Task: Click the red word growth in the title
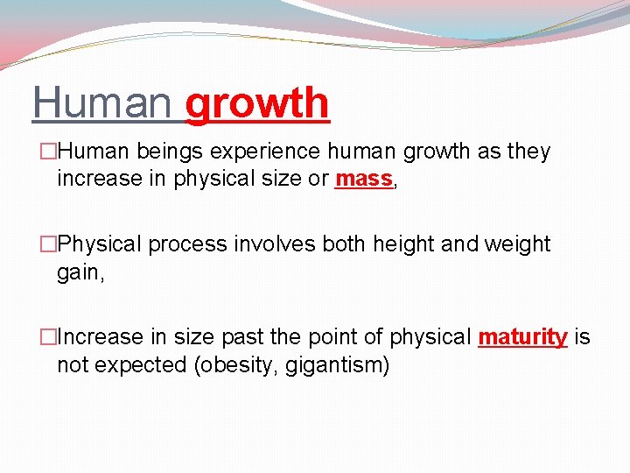coord(257,103)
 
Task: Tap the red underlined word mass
coord(362,179)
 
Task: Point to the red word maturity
coord(522,337)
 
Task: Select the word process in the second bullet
coord(187,244)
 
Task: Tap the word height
coord(403,244)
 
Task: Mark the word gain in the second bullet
coord(78,272)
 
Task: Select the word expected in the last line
coord(135,365)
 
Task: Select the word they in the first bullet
coord(528,152)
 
